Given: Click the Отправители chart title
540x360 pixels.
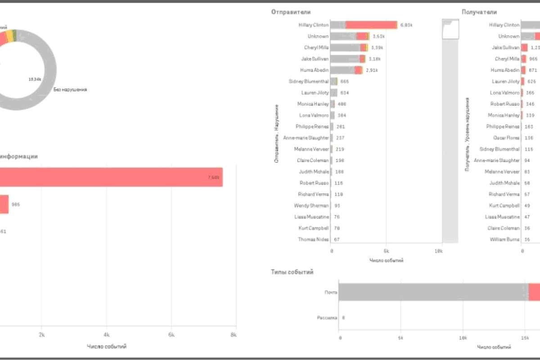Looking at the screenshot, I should coord(291,12).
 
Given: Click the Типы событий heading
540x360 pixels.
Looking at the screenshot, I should coord(292,272).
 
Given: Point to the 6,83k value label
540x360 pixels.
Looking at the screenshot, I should coord(406,25).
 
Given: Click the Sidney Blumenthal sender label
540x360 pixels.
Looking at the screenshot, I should coord(309,81).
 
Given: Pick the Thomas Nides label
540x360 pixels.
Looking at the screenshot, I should coord(313,239).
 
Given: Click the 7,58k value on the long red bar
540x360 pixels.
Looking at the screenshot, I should coord(213,177).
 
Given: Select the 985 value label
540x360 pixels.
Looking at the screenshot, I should coord(16,204).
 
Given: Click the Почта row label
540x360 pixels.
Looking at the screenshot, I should coord(331,292).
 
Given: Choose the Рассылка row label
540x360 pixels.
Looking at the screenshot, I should coord(328,318).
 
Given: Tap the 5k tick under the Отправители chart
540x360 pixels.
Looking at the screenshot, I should coord(386,250).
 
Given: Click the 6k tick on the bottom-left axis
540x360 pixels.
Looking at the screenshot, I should coord(171,335).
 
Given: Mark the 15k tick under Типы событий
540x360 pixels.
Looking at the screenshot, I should coord(524,337).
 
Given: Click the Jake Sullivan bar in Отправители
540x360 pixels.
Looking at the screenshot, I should coord(349,59).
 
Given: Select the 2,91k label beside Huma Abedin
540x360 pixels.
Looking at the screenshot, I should coord(372,70).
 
